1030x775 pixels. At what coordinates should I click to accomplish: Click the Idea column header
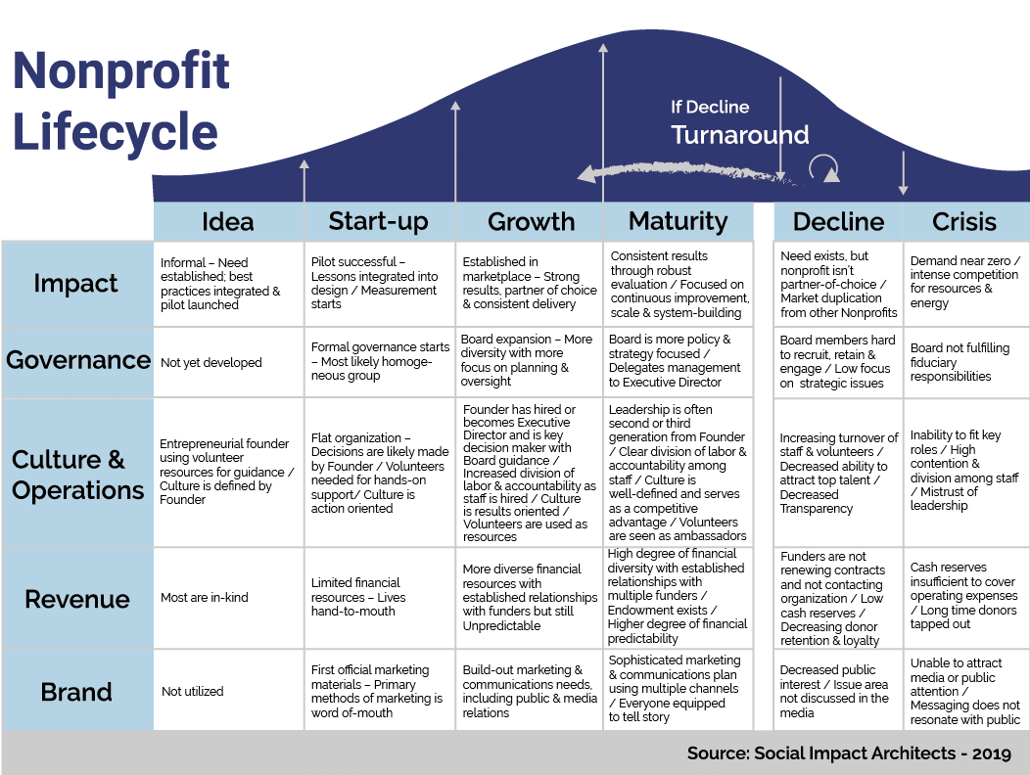(x=227, y=221)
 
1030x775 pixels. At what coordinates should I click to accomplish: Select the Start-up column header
(x=378, y=221)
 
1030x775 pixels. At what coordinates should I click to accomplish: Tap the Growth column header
(x=531, y=221)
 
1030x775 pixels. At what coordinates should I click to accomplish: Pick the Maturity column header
(x=678, y=221)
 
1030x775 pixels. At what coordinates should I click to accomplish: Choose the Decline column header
(x=838, y=221)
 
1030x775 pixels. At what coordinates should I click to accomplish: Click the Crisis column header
(x=964, y=221)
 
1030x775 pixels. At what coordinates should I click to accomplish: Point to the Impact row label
(x=75, y=284)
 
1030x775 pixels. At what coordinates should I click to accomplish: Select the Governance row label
(x=78, y=360)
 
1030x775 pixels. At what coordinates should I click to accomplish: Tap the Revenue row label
(x=77, y=599)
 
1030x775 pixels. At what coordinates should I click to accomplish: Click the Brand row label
(x=76, y=692)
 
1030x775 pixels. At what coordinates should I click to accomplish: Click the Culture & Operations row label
(x=77, y=475)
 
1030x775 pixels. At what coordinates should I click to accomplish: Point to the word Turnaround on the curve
(x=740, y=135)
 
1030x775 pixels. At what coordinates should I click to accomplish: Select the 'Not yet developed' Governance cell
(x=211, y=363)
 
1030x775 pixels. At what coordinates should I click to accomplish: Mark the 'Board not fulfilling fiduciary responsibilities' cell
(x=960, y=362)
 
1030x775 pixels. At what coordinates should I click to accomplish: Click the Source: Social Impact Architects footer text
(x=850, y=753)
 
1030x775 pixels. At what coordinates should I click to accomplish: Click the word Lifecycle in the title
(x=116, y=131)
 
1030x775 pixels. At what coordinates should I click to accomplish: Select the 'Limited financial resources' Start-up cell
(x=358, y=597)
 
